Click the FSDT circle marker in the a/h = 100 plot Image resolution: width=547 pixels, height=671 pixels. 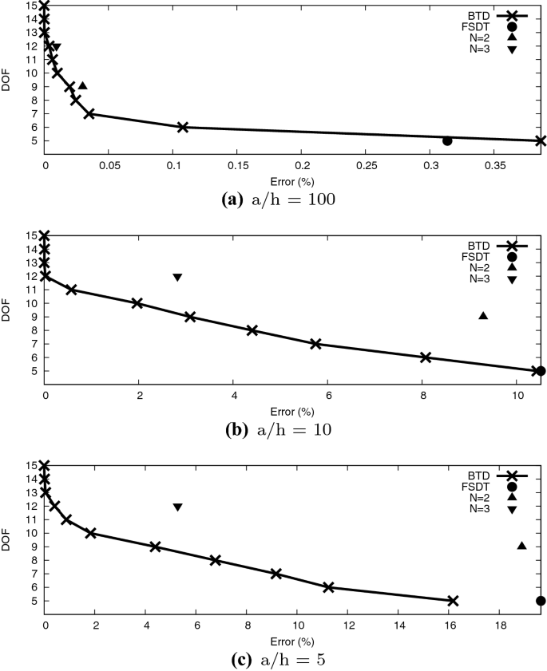447,141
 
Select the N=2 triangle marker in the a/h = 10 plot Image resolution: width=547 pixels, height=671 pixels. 483,316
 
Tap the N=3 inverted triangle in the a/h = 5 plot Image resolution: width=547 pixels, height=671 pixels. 177,507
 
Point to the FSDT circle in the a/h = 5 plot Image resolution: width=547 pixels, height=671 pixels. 541,601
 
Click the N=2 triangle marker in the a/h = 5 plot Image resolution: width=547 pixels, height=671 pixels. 521,546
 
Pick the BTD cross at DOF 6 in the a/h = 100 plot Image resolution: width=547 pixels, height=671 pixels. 182,127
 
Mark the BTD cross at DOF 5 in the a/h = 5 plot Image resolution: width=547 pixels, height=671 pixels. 453,601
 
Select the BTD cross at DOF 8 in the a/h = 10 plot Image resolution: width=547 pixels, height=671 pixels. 252,330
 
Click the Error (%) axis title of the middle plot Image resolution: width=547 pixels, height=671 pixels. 292,412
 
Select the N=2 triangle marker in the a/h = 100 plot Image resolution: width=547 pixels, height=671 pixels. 82,85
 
